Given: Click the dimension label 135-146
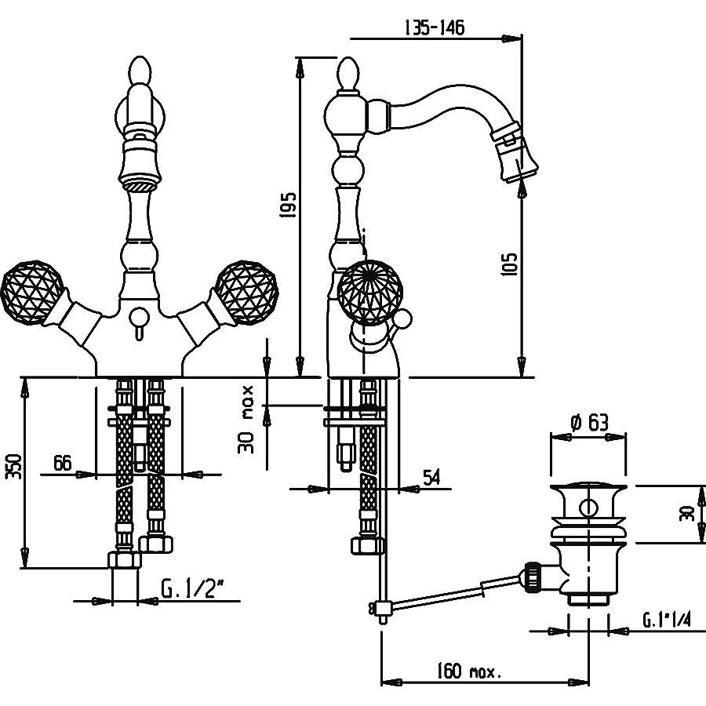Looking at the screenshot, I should (x=434, y=27).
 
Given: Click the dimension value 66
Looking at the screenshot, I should (x=63, y=464).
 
